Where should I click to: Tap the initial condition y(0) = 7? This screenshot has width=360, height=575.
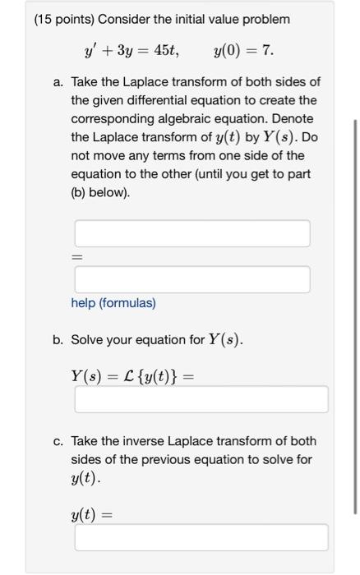(243, 51)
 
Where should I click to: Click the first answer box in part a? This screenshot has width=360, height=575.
(192, 233)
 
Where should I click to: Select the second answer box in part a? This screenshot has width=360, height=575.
(192, 279)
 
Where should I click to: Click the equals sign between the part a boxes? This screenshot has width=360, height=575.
(77, 257)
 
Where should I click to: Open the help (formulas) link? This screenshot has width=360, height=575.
(113, 303)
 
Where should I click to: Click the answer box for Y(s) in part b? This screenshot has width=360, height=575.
(201, 400)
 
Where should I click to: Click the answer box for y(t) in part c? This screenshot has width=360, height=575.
(201, 537)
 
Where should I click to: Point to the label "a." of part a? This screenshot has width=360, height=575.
(58, 82)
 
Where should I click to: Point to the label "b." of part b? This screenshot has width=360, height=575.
(58, 339)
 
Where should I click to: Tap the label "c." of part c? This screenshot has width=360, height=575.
(58, 441)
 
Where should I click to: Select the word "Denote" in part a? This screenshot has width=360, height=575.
(295, 118)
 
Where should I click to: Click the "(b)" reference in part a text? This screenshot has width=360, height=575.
(81, 192)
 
